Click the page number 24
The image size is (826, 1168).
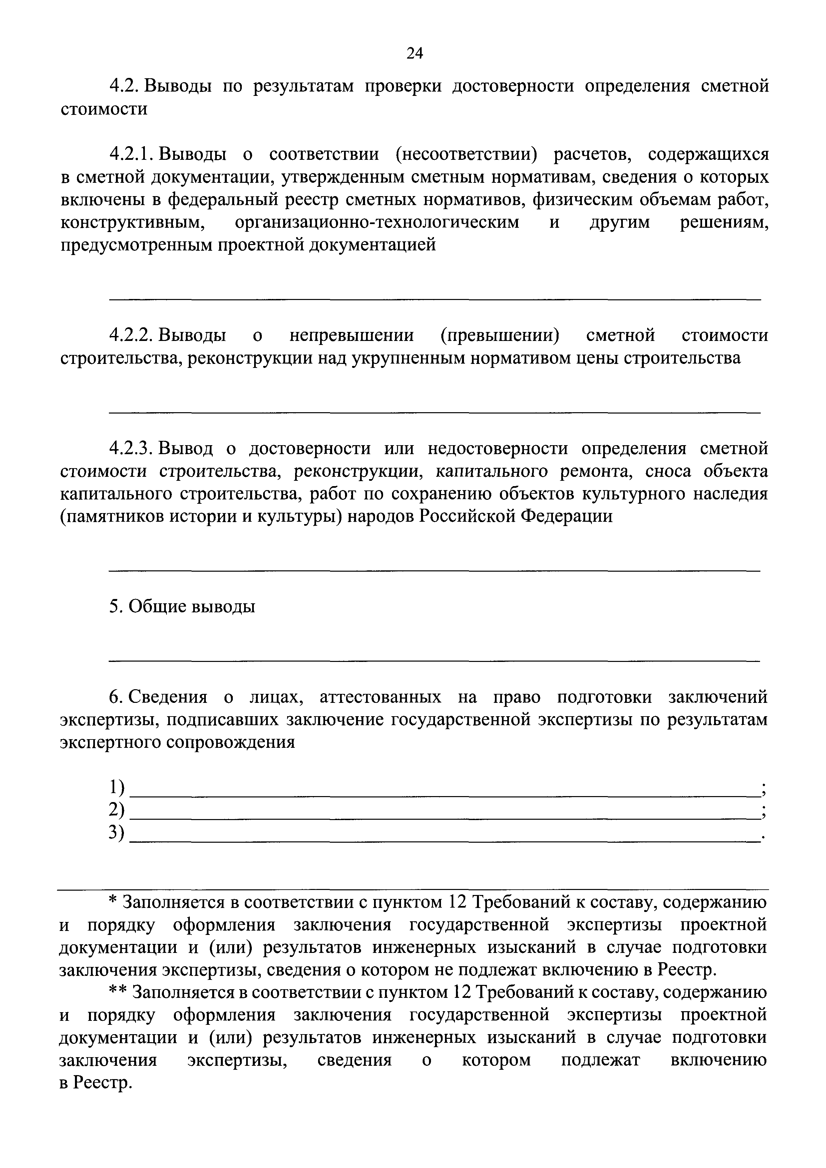(x=414, y=53)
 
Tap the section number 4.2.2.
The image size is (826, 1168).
(x=131, y=336)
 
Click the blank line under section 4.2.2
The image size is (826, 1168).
(x=435, y=412)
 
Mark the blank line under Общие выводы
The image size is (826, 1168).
(x=435, y=661)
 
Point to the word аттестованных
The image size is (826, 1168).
(x=380, y=697)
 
